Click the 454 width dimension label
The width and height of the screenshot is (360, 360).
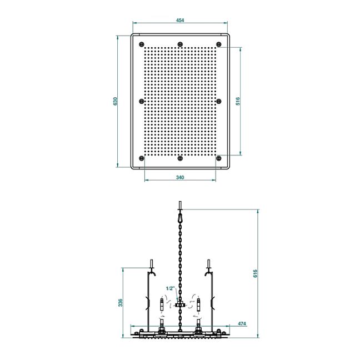(180, 20)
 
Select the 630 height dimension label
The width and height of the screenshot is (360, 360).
(116, 101)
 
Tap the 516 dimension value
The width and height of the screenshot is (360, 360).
(238, 101)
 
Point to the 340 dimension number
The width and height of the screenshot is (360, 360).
(180, 177)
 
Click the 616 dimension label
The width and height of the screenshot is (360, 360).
(256, 273)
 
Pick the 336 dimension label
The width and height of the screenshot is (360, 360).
(121, 302)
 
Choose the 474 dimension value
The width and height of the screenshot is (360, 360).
(242, 323)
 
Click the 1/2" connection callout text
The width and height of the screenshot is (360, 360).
(171, 288)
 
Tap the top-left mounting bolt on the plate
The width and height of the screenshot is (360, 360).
(142, 44)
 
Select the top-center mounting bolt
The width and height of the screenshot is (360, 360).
(180, 44)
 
